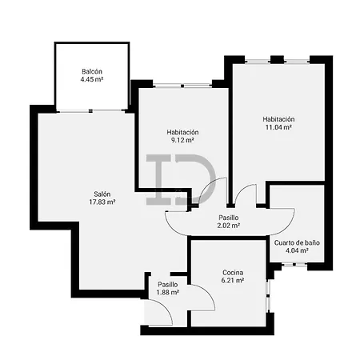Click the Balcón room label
[x=91, y=72]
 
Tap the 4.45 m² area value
[x=91, y=81]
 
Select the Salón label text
[x=102, y=194]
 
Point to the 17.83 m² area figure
[x=102, y=202]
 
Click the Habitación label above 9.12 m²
[x=182, y=132]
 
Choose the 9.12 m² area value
[x=182, y=141]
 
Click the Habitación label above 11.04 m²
[x=278, y=118]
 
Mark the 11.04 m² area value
[x=278, y=127]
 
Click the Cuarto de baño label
[x=297, y=242]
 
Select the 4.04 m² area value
[x=297, y=251]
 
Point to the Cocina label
[x=234, y=274]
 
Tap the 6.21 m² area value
[x=234, y=282]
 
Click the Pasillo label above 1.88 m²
[x=167, y=284]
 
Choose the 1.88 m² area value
[x=167, y=293]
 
